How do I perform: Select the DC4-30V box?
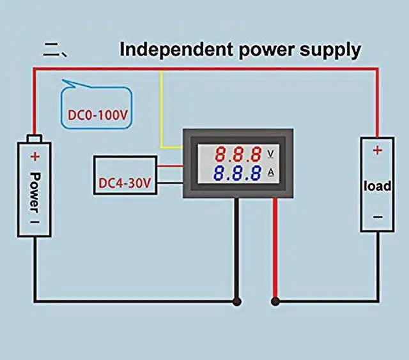125,184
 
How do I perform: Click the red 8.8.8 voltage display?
237,154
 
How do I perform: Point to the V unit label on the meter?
270,154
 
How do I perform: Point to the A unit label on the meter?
270,173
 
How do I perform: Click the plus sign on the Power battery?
36,156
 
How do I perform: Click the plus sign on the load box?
377,151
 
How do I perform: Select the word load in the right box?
377,186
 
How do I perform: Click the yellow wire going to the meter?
162,115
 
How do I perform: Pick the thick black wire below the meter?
237,249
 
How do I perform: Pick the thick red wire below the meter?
275,249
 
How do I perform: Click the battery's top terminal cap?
36,139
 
